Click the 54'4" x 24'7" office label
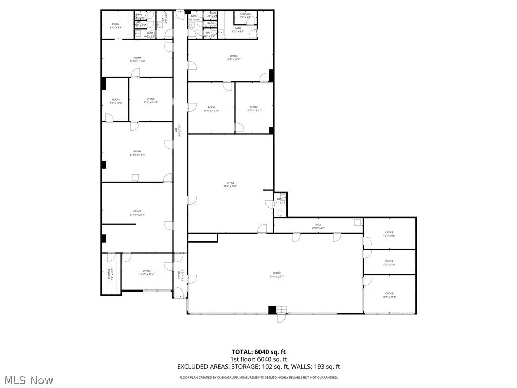[x=276, y=275]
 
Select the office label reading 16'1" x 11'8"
[x=389, y=295]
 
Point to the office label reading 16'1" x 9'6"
[x=389, y=234]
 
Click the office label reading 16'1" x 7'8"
[x=389, y=263]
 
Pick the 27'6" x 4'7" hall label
[x=319, y=227]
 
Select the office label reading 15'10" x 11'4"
[x=147, y=273]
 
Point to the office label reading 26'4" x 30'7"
[x=230, y=184]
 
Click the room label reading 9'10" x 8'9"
[x=116, y=26]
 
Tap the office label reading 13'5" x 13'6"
[x=150, y=101]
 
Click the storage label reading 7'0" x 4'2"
[x=245, y=16]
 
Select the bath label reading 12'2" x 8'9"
[x=237, y=30]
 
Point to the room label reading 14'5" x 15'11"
[x=211, y=109]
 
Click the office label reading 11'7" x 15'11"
[x=253, y=109]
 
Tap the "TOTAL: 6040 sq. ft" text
[x=258, y=352]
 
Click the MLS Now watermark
[x=27, y=379]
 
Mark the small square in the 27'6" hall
[x=357, y=222]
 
